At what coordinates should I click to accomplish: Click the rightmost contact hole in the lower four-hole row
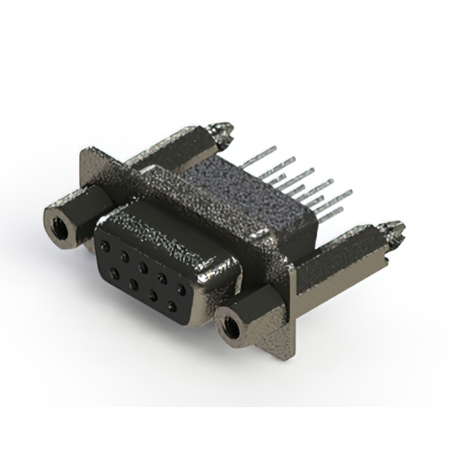(172, 306)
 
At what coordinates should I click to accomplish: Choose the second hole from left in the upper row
(125, 256)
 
